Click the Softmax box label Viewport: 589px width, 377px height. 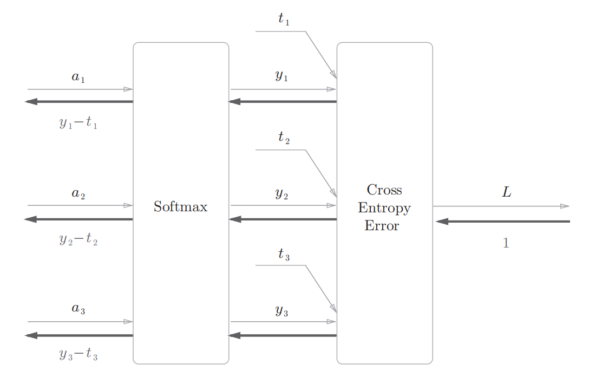pos(180,206)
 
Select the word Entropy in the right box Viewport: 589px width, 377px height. pos(384,208)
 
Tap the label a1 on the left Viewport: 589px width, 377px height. pos(78,77)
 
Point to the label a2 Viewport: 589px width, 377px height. pos(78,193)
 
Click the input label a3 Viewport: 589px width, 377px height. pos(78,309)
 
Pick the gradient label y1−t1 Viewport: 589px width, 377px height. pos(78,123)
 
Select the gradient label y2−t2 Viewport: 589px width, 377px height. pos(78,239)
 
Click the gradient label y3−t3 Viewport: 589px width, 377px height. pos(78,355)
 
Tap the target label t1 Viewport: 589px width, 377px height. pos(284,19)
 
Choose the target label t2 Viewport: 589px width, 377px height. pos(284,138)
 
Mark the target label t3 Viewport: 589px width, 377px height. pos(284,253)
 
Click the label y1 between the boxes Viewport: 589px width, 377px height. pos(282,76)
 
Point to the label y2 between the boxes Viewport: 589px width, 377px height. pos(282,193)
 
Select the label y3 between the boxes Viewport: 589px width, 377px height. pos(282,310)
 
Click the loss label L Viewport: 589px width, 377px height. pos(506,192)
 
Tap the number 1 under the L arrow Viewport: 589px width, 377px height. pos(506,244)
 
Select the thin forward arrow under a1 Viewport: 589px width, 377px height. pos(80,89)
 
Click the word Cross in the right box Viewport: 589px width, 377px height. pos(384,190)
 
